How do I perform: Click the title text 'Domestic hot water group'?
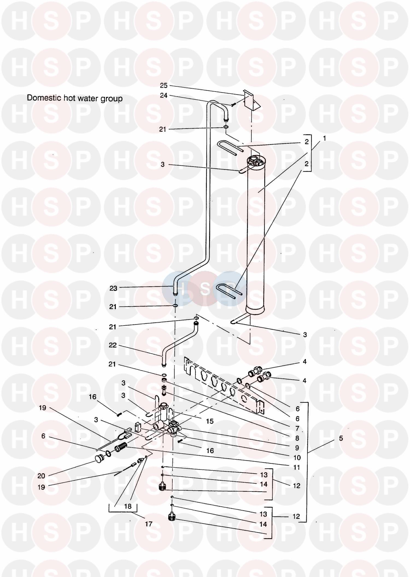[75, 98]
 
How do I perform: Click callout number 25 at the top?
[164, 86]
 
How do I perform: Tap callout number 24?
[164, 95]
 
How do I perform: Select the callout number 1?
[324, 138]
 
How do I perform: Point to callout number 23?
[113, 288]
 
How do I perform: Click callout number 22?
[113, 345]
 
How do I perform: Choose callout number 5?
[341, 438]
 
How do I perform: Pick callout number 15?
[210, 421]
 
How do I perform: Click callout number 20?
[41, 476]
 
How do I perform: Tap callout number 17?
[148, 524]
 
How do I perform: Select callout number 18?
[128, 506]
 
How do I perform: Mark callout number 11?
[297, 467]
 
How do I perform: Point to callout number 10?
[297, 457]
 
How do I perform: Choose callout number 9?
[297, 448]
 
